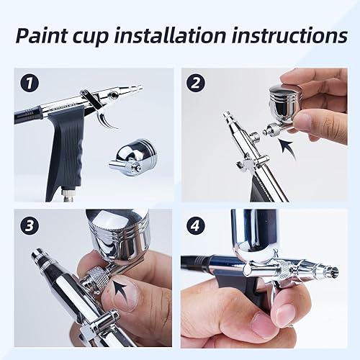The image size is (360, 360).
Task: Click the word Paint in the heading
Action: (45, 36)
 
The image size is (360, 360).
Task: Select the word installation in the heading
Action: (179, 36)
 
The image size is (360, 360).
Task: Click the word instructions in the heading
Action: (289, 36)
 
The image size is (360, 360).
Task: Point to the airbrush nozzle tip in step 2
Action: (228, 115)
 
